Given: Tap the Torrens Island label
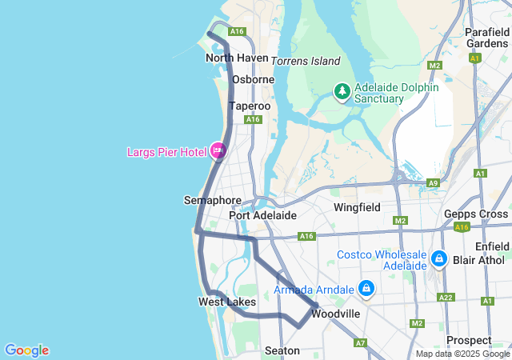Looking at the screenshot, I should click(x=306, y=61).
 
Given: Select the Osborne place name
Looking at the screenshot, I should click(x=253, y=79).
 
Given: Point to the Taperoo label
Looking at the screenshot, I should click(x=249, y=106).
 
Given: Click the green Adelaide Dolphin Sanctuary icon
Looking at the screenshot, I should click(x=342, y=92).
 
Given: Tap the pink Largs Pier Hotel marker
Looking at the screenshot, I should click(x=218, y=150).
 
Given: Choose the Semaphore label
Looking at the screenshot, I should click(x=212, y=200).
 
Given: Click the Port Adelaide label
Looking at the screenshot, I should click(x=262, y=215).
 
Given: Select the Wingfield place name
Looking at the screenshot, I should click(x=357, y=207).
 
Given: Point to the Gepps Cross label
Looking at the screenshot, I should click(x=476, y=214).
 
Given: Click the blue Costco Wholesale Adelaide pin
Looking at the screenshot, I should click(x=438, y=259).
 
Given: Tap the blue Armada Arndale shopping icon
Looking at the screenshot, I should click(x=366, y=288).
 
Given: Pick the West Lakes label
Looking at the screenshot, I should click(x=227, y=302).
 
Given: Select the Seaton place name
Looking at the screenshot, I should click(x=282, y=350).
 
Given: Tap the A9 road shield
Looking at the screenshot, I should click(x=433, y=183).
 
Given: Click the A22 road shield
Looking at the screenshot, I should click(x=446, y=297).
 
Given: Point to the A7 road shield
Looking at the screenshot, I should click(x=361, y=342).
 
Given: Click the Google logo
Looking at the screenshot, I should click(x=26, y=350).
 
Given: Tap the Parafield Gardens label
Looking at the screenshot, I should click(x=486, y=38).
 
